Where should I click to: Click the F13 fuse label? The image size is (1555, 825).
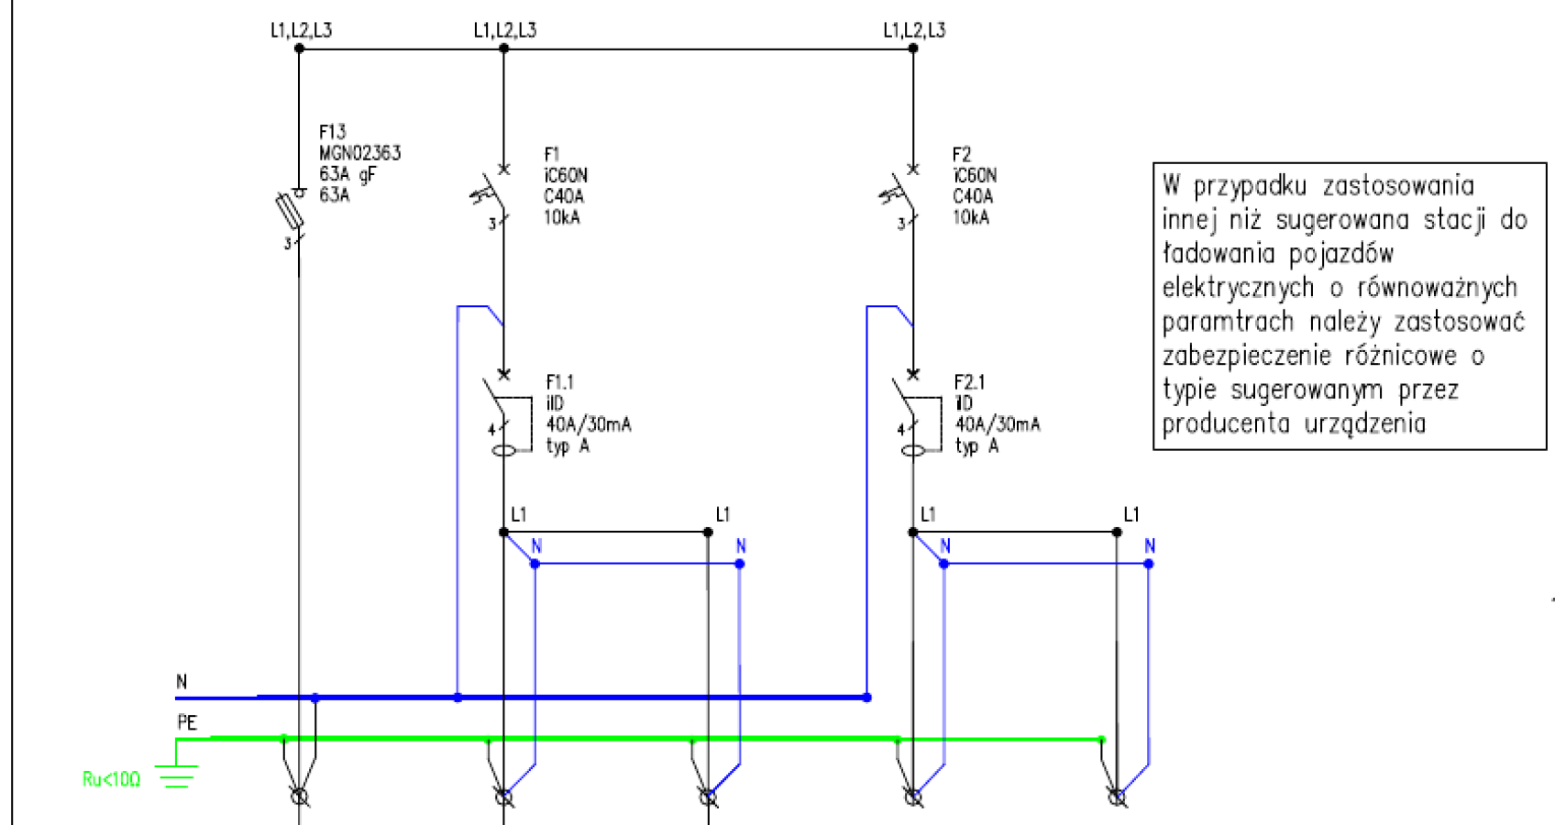click(332, 132)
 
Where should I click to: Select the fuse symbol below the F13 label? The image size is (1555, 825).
click(290, 210)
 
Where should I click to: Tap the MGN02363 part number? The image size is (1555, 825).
click(359, 153)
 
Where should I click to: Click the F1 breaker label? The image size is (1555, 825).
click(551, 154)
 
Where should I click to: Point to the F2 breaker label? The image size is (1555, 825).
click(962, 154)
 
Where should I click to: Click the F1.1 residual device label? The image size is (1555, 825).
click(559, 382)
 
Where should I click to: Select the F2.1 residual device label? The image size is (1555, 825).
click(969, 382)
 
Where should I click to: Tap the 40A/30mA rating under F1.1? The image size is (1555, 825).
click(589, 423)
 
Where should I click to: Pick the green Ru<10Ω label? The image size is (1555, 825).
click(111, 779)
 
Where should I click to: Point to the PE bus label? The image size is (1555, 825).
click(187, 723)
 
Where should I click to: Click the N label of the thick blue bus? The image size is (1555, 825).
click(182, 682)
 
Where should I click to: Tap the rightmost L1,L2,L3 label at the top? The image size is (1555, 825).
click(913, 30)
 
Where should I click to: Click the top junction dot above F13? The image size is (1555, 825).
click(299, 49)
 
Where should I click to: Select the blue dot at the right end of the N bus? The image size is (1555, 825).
click(866, 698)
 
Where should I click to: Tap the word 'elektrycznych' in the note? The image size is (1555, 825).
click(1239, 287)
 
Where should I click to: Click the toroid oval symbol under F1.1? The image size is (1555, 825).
click(504, 451)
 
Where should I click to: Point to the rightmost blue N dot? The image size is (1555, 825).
click(1149, 564)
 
